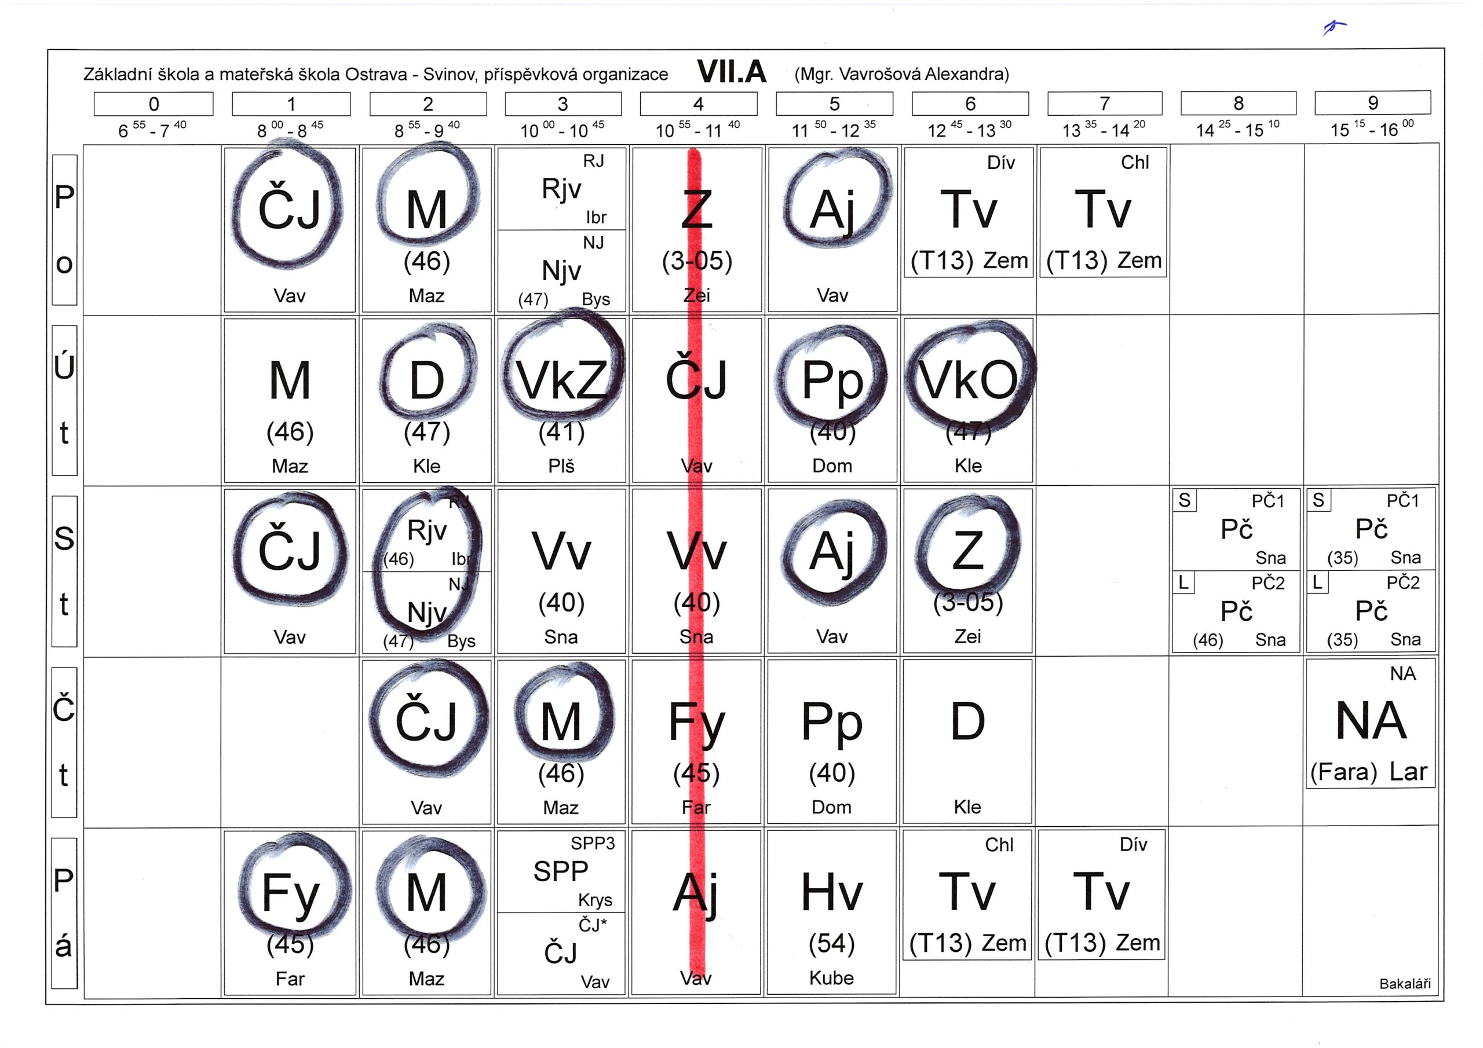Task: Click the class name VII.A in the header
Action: (x=731, y=72)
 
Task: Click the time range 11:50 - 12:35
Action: (x=833, y=130)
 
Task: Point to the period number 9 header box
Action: (x=1372, y=102)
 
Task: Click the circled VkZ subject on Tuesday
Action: (x=561, y=381)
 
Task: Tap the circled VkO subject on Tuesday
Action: (x=967, y=381)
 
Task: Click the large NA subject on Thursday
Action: (x=1371, y=721)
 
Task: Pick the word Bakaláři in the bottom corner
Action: (x=1404, y=983)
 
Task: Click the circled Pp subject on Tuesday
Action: (x=832, y=381)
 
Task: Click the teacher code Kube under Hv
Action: (x=831, y=977)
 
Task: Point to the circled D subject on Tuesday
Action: (x=426, y=381)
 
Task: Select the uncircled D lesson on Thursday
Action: (x=967, y=722)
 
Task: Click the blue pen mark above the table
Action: (x=1334, y=27)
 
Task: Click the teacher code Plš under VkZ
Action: (x=561, y=466)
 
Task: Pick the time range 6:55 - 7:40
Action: (x=152, y=130)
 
